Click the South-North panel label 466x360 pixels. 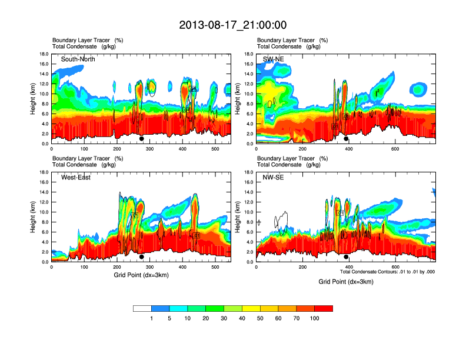tap(78, 59)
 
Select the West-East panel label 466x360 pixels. tap(76, 178)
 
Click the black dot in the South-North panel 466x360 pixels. tap(141, 139)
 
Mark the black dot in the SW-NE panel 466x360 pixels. tap(346, 139)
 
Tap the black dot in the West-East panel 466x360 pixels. tap(141, 257)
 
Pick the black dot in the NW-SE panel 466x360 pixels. tap(346, 257)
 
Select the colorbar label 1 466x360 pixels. tap(151, 318)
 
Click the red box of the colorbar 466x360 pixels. tap(324, 308)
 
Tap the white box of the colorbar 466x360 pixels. tap(142, 308)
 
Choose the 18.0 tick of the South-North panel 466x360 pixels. tap(43, 54)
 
